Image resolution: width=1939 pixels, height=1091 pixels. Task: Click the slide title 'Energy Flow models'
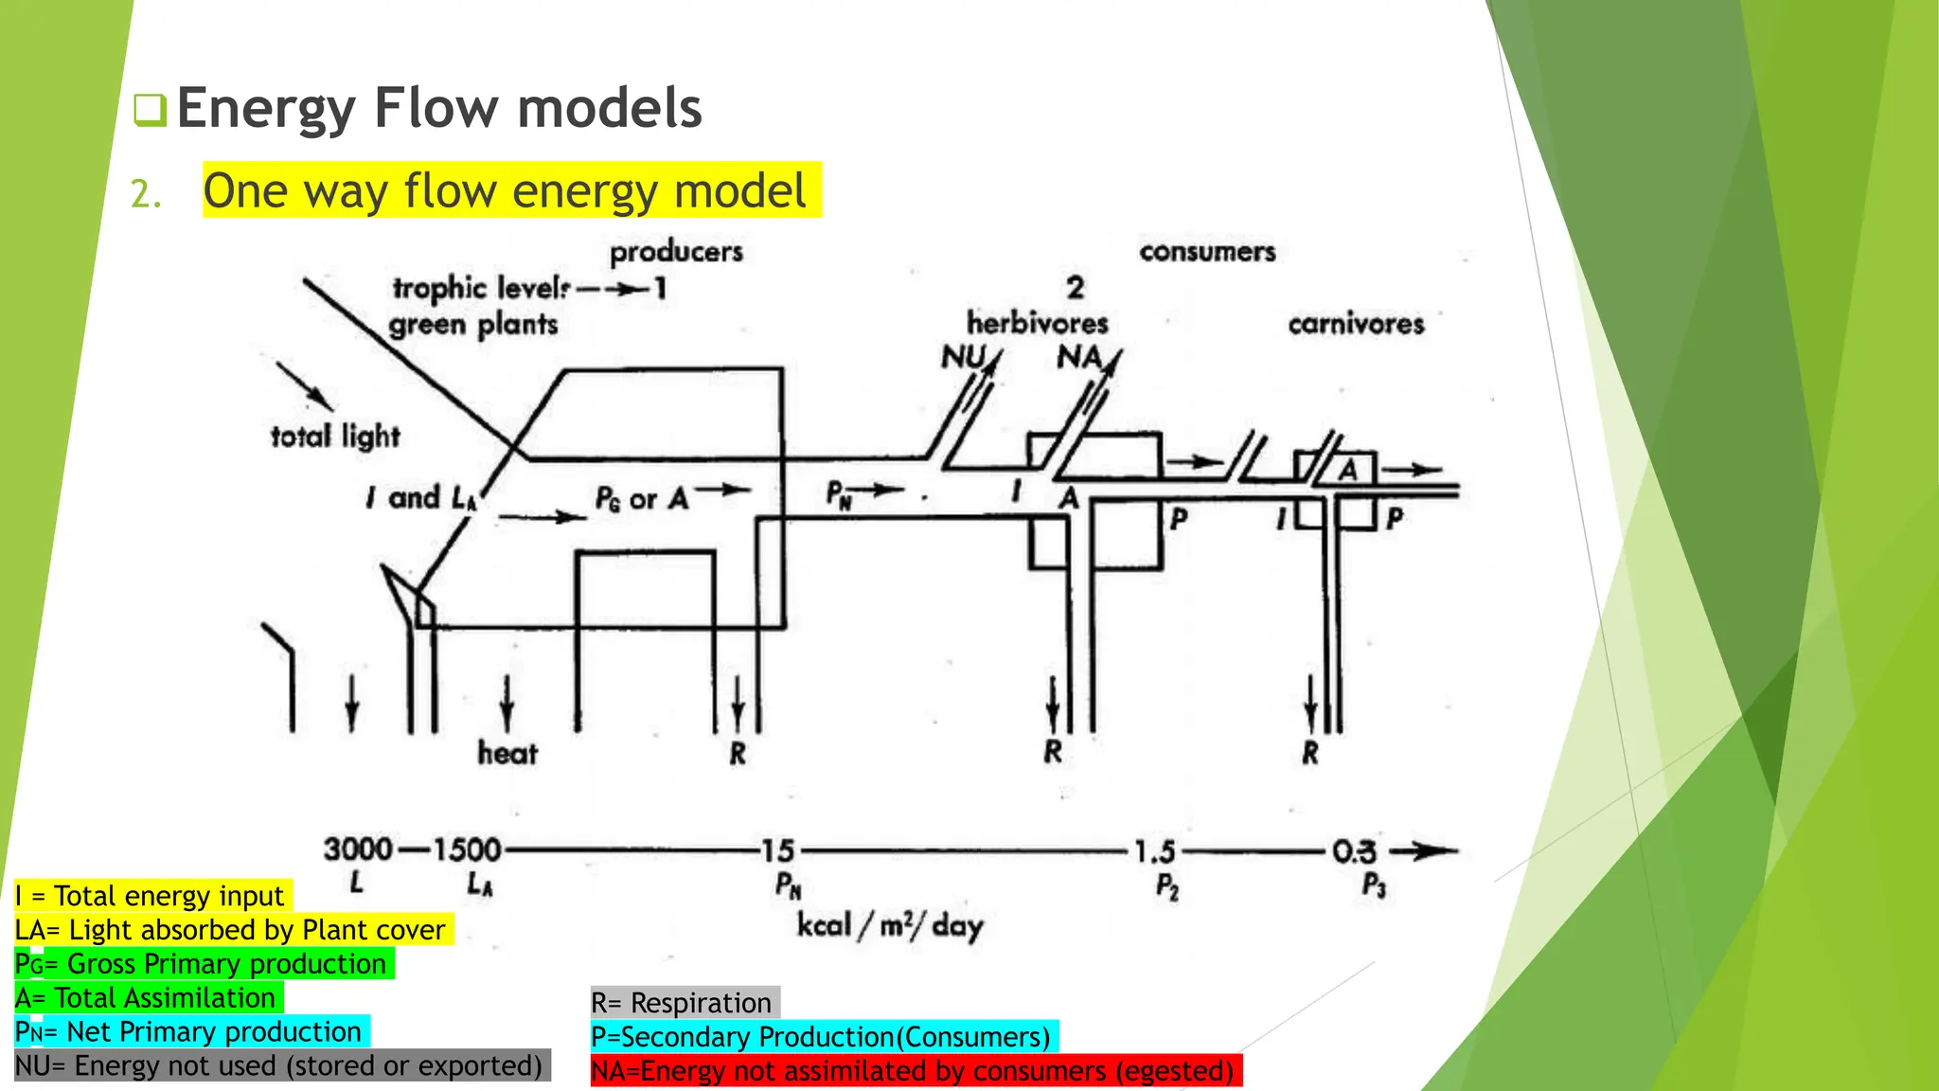(439, 108)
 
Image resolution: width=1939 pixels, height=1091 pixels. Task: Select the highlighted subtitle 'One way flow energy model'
(506, 190)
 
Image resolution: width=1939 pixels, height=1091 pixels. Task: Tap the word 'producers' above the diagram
(676, 252)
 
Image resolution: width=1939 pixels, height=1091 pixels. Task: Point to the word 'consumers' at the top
(1207, 252)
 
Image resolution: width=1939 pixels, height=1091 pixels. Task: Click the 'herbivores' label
(1037, 324)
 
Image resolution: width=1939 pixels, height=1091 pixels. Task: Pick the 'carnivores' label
(1356, 324)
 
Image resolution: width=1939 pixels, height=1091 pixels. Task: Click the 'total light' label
(335, 437)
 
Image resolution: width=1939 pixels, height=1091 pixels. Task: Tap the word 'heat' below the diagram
(507, 754)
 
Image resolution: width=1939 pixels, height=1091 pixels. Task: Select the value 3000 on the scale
(358, 850)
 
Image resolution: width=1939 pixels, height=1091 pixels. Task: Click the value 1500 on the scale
(467, 850)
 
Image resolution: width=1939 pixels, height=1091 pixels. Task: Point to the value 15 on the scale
(778, 850)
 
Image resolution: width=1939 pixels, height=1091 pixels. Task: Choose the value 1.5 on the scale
(1155, 852)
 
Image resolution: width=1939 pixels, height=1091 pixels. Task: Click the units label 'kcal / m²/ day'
(890, 925)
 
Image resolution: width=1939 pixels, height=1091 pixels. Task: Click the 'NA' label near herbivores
(1079, 357)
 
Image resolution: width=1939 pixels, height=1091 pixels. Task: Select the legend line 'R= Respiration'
(682, 1003)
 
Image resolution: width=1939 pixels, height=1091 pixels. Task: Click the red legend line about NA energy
(914, 1071)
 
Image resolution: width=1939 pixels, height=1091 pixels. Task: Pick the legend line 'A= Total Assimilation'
(146, 998)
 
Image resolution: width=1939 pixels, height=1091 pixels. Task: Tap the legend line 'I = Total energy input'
(150, 896)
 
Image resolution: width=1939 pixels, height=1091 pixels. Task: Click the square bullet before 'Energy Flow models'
(150, 111)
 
